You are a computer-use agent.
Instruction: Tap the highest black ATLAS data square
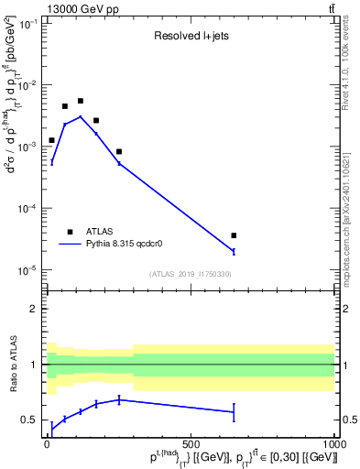[81, 101]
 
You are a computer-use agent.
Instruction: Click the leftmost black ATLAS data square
[51, 140]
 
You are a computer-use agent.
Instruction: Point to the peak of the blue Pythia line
[81, 116]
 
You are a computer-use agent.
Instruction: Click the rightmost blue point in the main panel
[234, 251]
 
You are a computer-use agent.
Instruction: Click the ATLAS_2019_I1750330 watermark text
[190, 274]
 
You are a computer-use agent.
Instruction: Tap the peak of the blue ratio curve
[119, 399]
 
